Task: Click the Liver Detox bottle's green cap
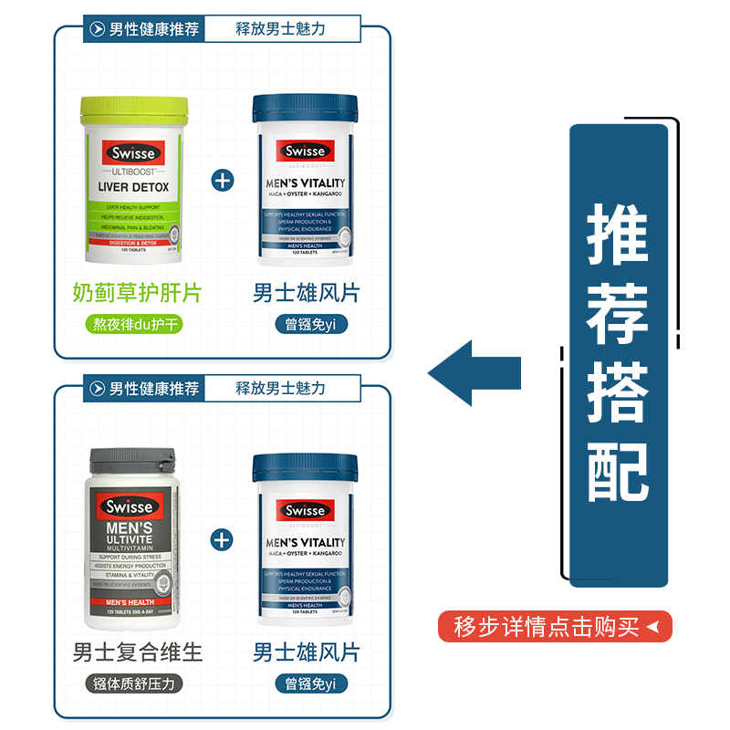tap(136, 110)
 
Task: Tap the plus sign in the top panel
tap(223, 179)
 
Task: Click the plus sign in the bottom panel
tap(223, 538)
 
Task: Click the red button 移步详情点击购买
tap(555, 627)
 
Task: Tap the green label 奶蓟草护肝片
tap(137, 293)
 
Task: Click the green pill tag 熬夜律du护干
tap(137, 325)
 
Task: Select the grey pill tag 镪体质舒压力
tap(137, 683)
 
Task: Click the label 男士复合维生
tap(137, 652)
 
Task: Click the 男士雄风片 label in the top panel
tap(307, 293)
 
